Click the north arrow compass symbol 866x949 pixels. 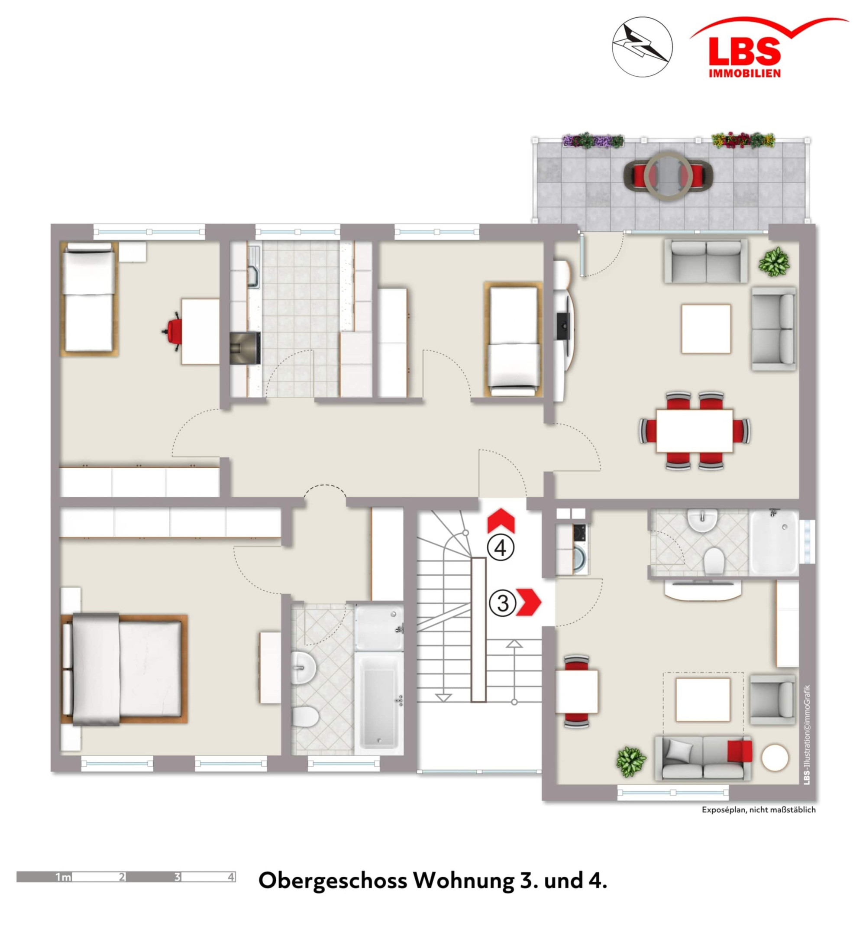point(643,47)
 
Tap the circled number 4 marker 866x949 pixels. point(500,548)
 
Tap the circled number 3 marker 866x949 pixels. point(503,603)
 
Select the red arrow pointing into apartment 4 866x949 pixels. point(501,520)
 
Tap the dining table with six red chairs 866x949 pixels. point(694,430)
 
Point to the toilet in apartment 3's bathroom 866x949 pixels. point(714,560)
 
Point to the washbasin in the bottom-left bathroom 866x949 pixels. point(303,667)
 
